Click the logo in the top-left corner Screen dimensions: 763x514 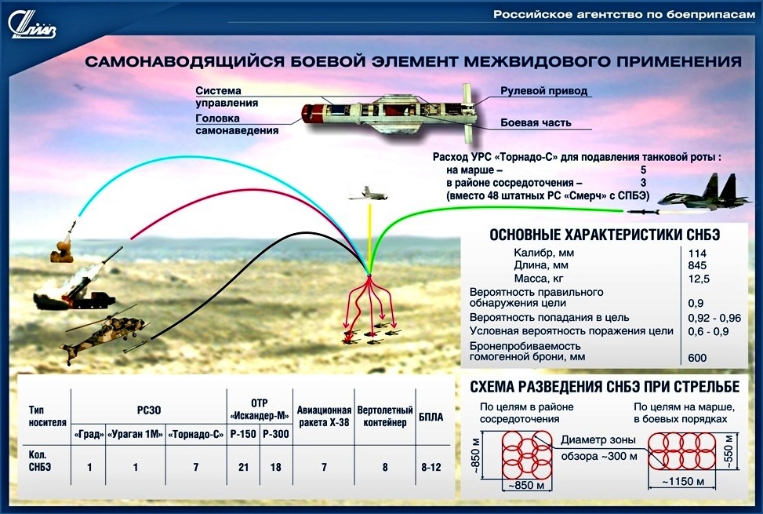32,25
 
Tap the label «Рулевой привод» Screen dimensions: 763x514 543,91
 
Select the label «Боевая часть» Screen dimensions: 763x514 536,122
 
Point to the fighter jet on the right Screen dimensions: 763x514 704,194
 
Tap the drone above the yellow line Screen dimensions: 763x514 368,194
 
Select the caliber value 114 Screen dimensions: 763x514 697,253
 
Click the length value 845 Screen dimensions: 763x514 697,266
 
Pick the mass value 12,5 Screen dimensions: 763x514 699,279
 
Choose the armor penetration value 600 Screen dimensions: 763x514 697,358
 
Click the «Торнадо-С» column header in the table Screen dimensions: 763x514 195,434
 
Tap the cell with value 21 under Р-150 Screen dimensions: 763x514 243,467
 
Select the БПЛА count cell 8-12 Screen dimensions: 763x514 431,467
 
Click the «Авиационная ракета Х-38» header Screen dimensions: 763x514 324,417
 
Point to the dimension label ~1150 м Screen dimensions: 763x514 682,481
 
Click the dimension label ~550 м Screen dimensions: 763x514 729,450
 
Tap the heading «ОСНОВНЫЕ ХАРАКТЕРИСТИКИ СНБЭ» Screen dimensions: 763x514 605,235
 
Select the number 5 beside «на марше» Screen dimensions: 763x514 643,170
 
